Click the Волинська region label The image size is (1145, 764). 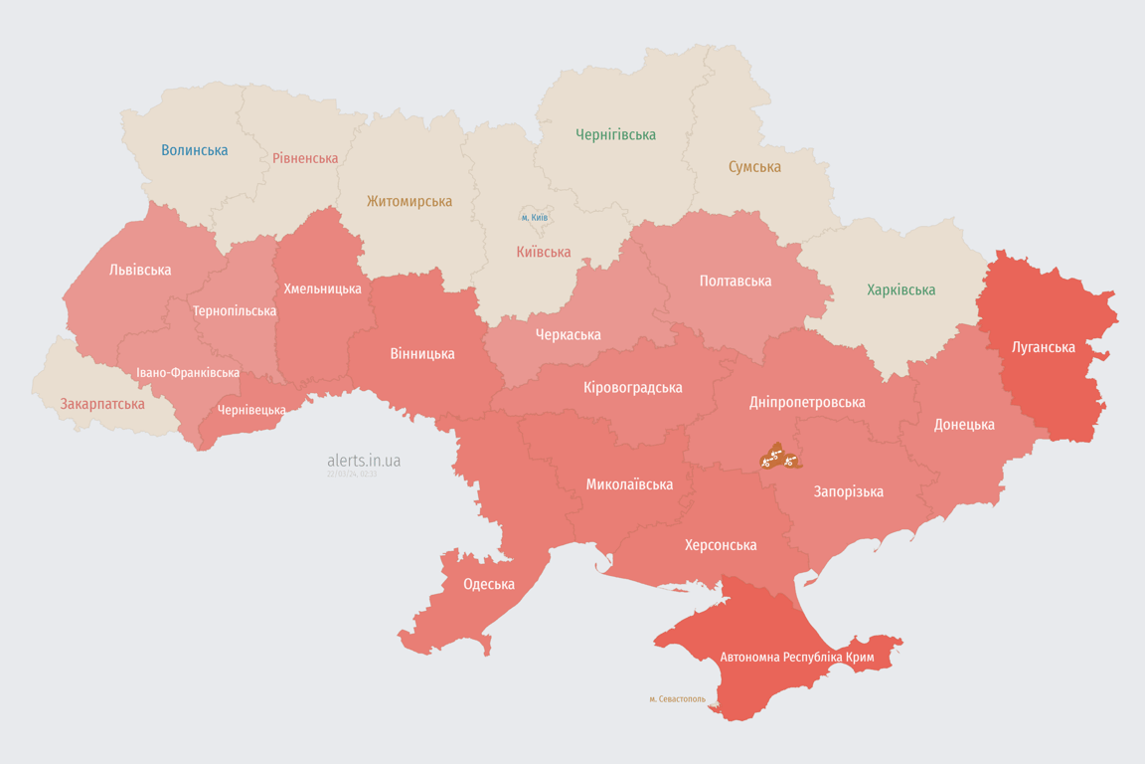194,150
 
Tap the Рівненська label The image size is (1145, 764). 305,158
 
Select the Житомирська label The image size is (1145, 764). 409,202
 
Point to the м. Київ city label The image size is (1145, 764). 535,217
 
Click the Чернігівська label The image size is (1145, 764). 615,134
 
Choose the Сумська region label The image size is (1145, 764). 754,167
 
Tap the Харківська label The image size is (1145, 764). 900,290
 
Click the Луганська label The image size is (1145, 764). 1043,347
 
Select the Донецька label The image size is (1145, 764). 963,425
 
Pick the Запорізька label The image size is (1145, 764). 848,491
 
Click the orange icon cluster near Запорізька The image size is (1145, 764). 779,458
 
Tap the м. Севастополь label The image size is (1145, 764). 677,699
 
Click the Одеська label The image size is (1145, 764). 489,584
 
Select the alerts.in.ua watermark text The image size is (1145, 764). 364,461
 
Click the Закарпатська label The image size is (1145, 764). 102,404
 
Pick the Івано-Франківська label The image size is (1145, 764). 188,373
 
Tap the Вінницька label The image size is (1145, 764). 422,353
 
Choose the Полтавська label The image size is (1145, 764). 736,281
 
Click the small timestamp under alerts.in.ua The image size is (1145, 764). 352,475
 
